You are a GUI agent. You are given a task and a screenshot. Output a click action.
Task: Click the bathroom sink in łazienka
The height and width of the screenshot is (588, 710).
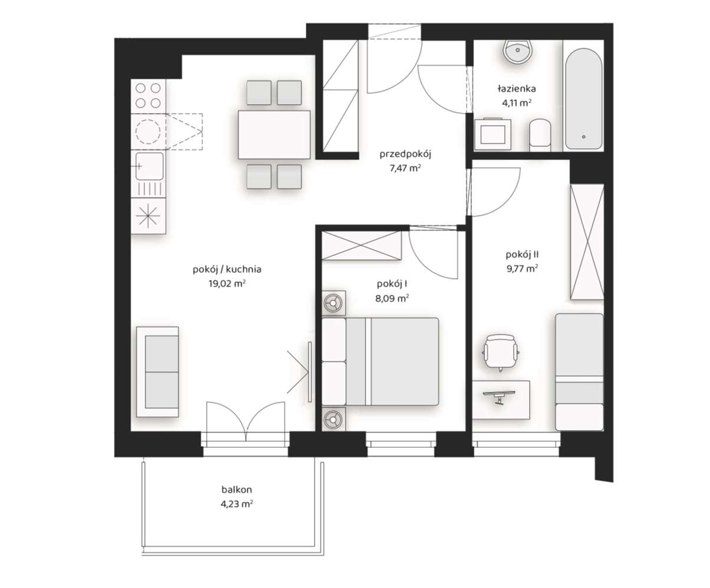click(x=518, y=51)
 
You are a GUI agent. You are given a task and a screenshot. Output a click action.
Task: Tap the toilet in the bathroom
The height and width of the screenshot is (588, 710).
click(x=539, y=134)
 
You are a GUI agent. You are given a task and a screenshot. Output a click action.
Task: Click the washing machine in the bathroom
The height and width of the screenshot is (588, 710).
click(x=493, y=132)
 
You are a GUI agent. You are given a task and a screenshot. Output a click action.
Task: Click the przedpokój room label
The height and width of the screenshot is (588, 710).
click(x=406, y=155)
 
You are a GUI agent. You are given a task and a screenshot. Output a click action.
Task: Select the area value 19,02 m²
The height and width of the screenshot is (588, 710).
click(x=227, y=283)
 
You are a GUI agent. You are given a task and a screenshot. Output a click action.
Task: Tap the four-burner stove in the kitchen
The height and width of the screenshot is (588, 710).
click(x=148, y=95)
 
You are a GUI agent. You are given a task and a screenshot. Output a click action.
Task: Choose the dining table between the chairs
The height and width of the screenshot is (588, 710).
click(x=274, y=135)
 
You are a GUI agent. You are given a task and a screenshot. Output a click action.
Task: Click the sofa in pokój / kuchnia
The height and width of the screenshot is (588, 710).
click(x=158, y=371)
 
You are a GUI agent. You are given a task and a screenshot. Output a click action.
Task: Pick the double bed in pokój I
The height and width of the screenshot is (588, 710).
click(x=381, y=361)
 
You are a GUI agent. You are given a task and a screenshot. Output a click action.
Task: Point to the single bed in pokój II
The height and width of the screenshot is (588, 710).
click(x=579, y=371)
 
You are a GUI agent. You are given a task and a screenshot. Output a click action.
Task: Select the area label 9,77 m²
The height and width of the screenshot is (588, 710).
click(x=523, y=269)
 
